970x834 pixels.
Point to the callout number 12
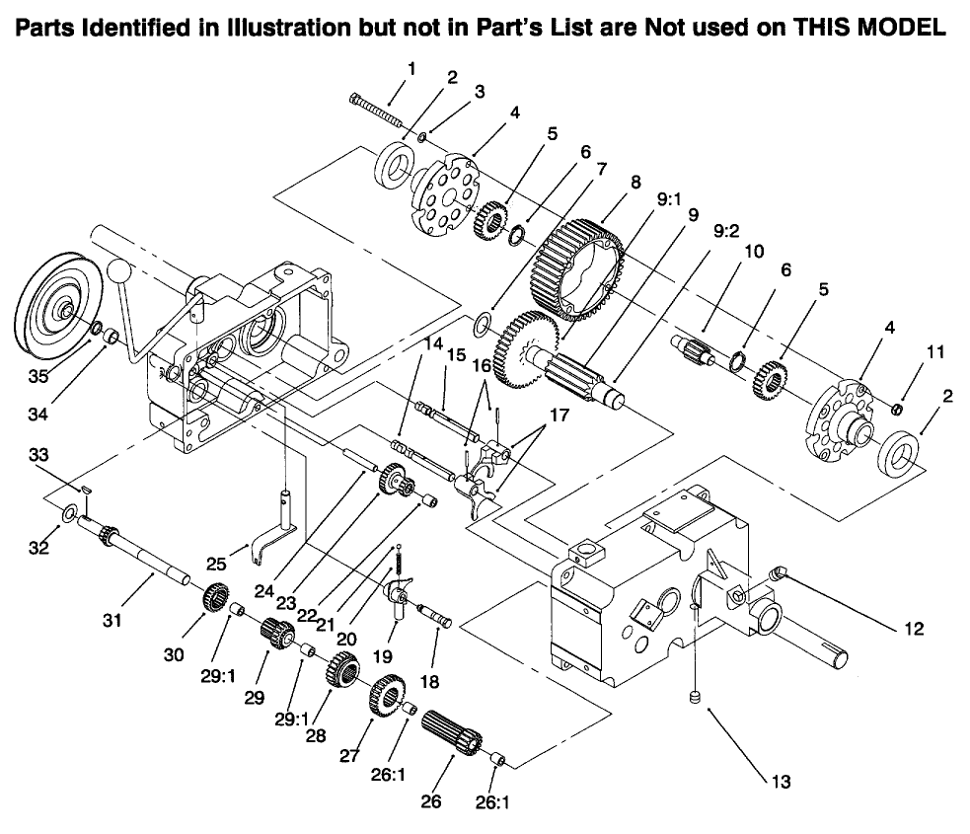coord(914,628)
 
